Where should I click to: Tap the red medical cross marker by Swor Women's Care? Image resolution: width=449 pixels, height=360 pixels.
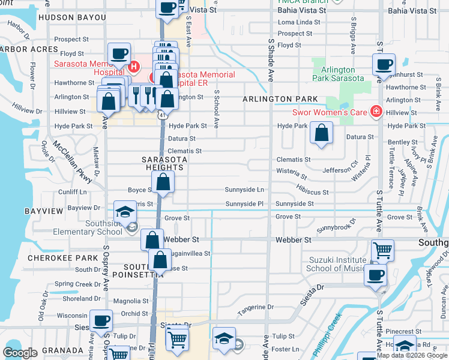376,111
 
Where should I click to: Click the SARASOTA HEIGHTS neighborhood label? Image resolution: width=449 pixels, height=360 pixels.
164,163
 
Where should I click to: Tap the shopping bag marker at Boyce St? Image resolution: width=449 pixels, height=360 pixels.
163,182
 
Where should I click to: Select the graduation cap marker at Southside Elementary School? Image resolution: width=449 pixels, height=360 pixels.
125,211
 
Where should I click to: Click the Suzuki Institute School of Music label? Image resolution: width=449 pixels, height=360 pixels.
336,264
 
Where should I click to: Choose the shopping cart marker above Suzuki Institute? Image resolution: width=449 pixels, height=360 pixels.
382,250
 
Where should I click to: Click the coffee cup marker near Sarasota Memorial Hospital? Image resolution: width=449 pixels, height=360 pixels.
119,54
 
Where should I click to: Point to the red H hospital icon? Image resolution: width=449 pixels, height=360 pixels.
134,66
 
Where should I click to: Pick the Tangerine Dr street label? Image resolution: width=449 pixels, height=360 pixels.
255,307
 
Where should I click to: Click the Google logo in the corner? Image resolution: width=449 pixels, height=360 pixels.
20,353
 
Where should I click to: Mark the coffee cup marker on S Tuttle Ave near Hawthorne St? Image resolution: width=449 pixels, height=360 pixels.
383,64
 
